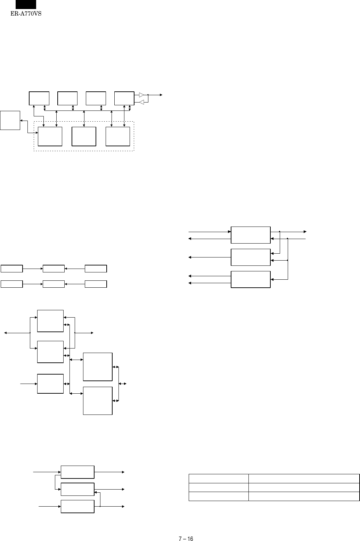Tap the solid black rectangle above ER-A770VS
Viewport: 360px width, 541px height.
pyautogui.click(x=26, y=5)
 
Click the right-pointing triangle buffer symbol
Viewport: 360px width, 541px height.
pyautogui.click(x=141, y=95)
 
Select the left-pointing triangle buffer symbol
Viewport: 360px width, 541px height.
pyautogui.click(x=141, y=102)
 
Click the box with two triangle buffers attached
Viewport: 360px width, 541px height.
pyautogui.click(x=124, y=98)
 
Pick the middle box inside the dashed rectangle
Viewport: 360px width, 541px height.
pyautogui.click(x=84, y=137)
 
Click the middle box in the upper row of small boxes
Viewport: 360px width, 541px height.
pyautogui.click(x=54, y=269)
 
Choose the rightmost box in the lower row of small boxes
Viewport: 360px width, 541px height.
pyautogui.click(x=96, y=284)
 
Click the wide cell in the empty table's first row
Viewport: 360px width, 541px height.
pyautogui.click(x=304, y=478)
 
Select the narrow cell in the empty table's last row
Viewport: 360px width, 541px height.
pyautogui.click(x=219, y=496)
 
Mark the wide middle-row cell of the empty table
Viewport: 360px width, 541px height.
pyautogui.click(x=304, y=487)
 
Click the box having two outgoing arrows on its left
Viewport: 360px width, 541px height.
pyautogui.click(x=251, y=280)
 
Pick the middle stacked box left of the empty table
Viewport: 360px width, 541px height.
pyautogui.click(x=77, y=489)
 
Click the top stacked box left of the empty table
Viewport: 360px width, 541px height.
pyautogui.click(x=77, y=472)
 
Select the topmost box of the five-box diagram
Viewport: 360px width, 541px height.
pyautogui.click(x=50, y=321)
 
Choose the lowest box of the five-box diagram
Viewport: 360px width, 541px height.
pyautogui.click(x=98, y=401)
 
